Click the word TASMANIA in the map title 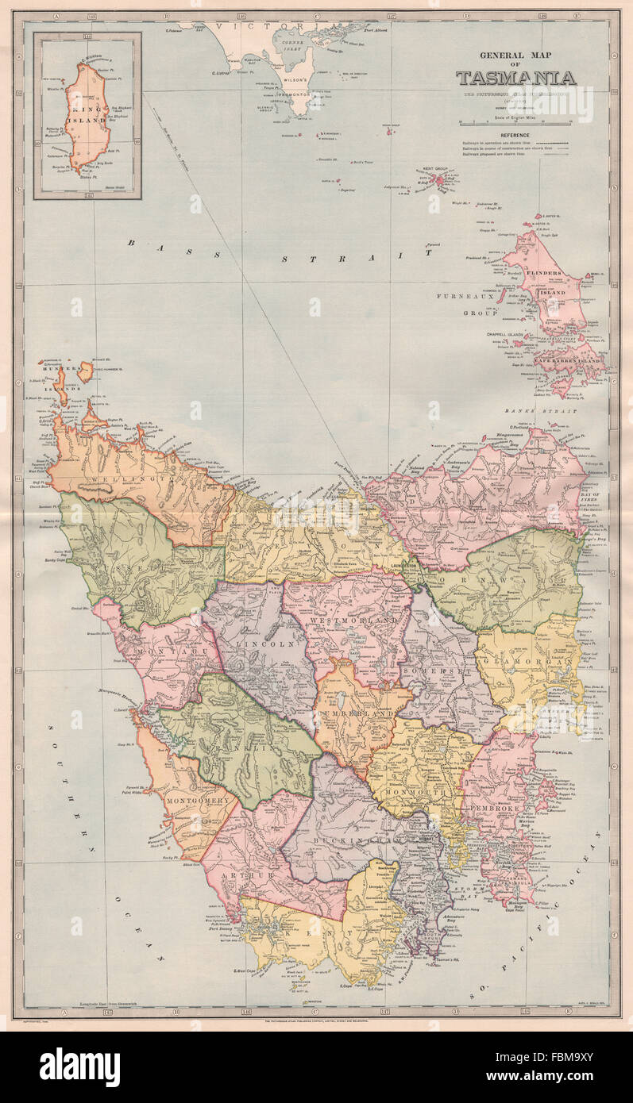(515, 78)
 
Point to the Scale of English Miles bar (515, 123)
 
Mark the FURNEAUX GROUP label (467, 304)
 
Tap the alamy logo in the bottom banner (79, 1066)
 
